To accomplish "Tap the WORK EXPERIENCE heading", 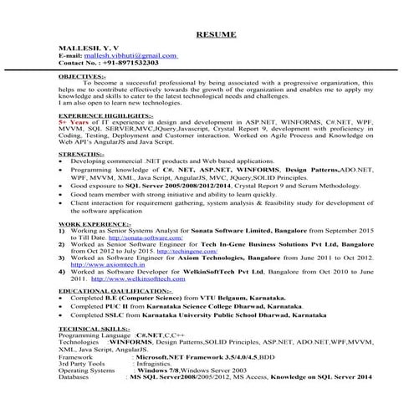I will click(94, 226).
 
